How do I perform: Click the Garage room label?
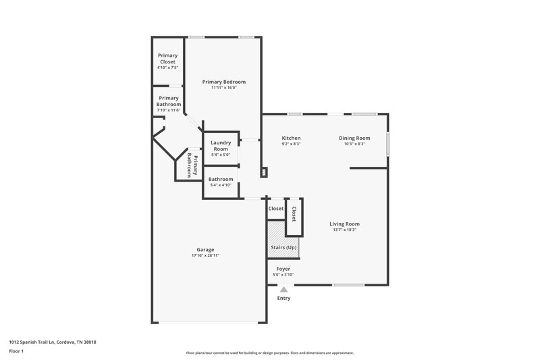205,249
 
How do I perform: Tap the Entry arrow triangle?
284,290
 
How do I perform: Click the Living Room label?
344,224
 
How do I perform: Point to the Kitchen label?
291,138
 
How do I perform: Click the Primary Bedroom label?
224,82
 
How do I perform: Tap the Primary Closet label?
167,58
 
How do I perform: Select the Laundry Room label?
221,145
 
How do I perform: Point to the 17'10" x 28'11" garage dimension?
205,256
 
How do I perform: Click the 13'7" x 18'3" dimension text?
344,230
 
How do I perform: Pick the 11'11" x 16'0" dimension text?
224,88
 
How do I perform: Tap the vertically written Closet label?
294,215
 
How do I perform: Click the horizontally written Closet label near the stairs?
276,209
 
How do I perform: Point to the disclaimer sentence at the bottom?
269,353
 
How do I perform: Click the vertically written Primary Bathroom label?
192,165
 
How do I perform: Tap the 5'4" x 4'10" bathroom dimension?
221,185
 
